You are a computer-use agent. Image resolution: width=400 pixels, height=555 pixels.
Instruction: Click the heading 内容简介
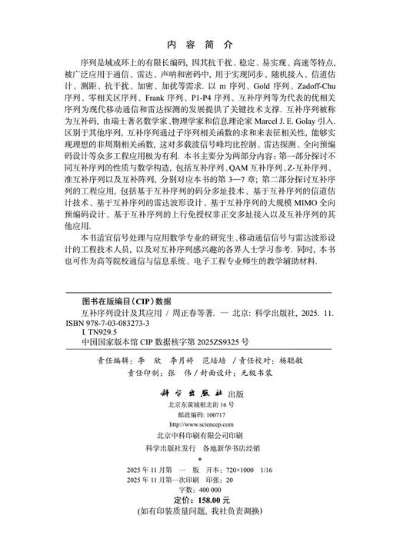[200, 44]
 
